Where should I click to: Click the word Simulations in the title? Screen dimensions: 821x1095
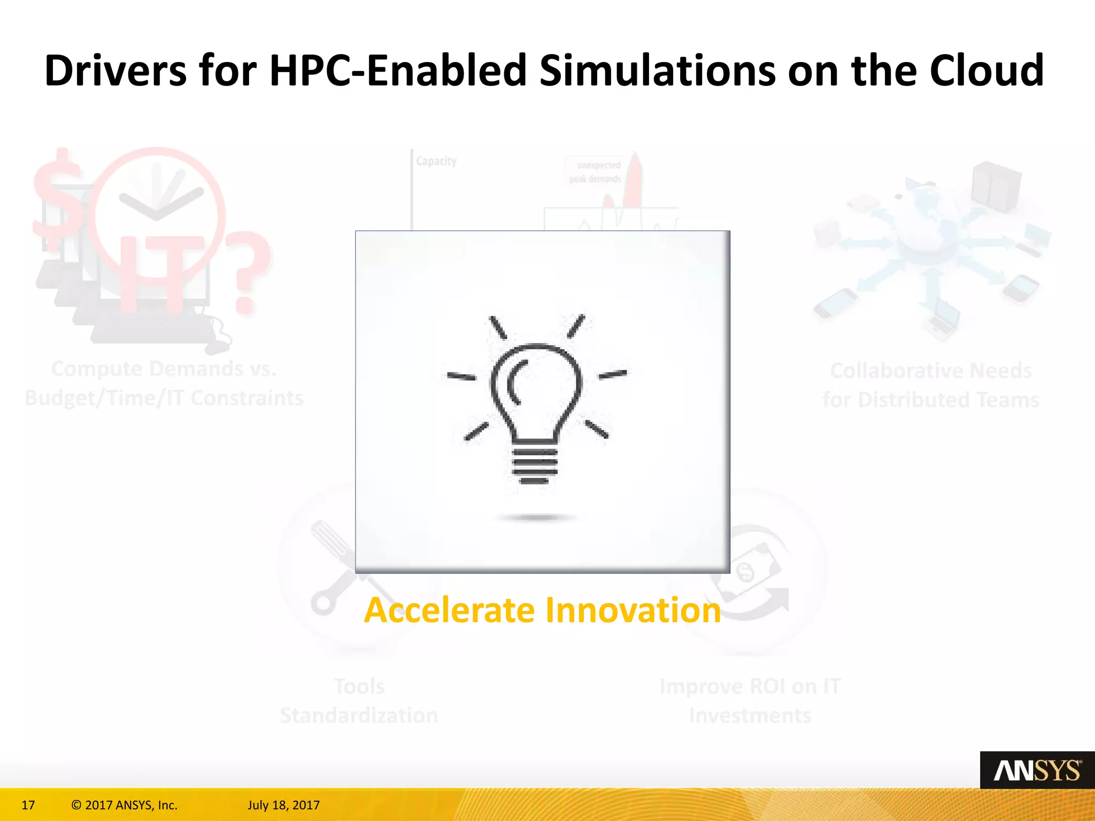tap(658, 71)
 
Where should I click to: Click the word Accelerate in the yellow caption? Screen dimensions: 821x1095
tap(449, 610)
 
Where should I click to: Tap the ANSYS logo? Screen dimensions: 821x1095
tap(1037, 771)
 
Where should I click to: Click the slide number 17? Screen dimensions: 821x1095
tap(28, 805)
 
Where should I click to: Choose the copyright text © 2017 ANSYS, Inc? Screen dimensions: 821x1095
tap(124, 805)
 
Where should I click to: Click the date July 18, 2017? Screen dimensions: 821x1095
tap(283, 805)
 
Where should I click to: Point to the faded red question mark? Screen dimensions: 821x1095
tap(247, 273)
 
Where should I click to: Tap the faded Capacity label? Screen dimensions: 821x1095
tap(436, 161)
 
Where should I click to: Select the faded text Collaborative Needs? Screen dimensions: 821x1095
tap(931, 370)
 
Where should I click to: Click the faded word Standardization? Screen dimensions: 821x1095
tap(359, 715)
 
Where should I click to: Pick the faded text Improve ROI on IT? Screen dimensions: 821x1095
tap(750, 686)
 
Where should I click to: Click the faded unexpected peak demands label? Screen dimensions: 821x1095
tap(596, 172)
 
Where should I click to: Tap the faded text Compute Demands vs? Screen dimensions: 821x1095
tap(164, 369)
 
